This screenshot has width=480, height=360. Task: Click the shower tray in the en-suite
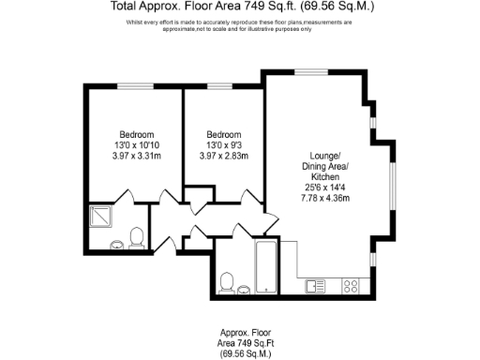[99, 217]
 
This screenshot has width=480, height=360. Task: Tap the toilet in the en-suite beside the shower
[137, 236]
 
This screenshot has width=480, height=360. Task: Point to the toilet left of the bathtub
[226, 282]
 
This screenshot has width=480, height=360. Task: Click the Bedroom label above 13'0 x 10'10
[136, 134]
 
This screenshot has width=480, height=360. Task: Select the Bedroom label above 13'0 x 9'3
[224, 134]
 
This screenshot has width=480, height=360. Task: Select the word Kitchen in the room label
[325, 176]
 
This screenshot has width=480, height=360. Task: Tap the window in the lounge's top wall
[309, 71]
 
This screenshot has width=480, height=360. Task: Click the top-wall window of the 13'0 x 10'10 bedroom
[130, 87]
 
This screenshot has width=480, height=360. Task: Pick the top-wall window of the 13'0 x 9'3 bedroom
[219, 87]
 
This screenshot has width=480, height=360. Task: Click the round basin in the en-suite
[117, 246]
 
